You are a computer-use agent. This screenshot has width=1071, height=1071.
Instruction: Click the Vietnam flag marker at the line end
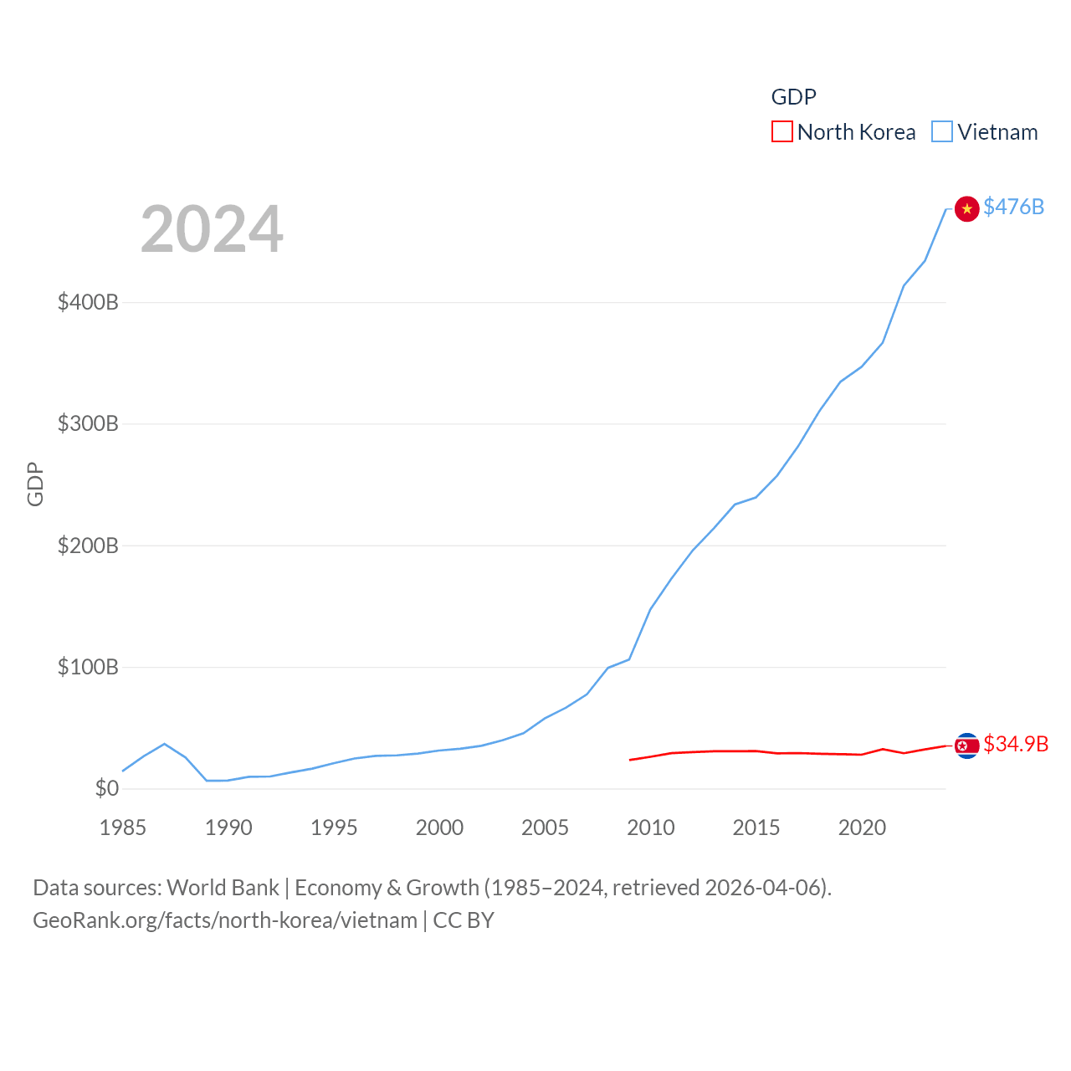click(x=966, y=208)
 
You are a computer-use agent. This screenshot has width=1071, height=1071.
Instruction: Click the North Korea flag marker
click(x=966, y=746)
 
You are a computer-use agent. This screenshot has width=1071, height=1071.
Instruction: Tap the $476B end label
click(x=1013, y=207)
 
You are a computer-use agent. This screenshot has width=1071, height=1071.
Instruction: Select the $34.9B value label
click(x=1016, y=744)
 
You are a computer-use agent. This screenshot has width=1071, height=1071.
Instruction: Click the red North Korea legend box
click(x=781, y=132)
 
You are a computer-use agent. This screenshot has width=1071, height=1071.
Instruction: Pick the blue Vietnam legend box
click(x=942, y=132)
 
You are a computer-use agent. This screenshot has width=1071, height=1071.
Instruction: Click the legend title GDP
click(x=793, y=97)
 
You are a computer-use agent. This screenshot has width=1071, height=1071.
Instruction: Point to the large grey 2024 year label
click(x=212, y=229)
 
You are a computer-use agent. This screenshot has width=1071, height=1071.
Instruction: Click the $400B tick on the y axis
click(x=88, y=302)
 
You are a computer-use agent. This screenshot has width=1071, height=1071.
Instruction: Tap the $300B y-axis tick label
click(x=88, y=423)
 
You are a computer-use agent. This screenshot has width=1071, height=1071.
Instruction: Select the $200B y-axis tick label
click(x=88, y=546)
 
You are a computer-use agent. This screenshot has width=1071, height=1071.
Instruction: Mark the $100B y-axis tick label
click(x=88, y=667)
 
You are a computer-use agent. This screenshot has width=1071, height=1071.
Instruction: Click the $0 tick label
click(x=106, y=788)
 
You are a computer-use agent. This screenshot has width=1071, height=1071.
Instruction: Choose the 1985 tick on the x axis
click(x=123, y=828)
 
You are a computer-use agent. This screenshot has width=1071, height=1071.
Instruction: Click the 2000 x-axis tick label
click(x=439, y=828)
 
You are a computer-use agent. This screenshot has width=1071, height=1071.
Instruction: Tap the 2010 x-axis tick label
click(x=651, y=828)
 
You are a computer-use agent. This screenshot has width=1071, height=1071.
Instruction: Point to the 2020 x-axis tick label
click(x=862, y=828)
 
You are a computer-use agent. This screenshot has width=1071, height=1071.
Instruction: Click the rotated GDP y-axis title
click(x=35, y=484)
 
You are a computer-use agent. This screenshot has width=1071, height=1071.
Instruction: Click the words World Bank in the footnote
click(x=223, y=888)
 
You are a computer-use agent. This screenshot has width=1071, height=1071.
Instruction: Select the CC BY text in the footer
click(x=464, y=920)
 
